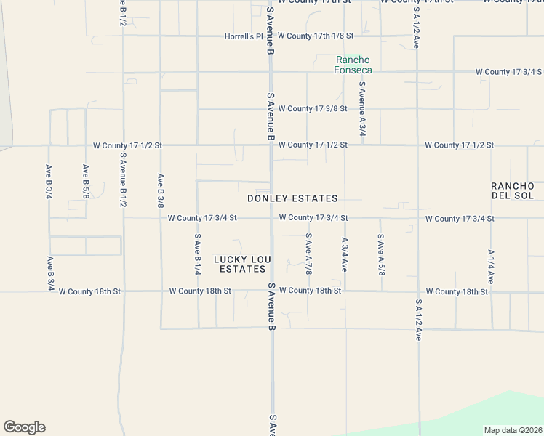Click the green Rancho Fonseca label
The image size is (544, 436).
pyautogui.click(x=353, y=65)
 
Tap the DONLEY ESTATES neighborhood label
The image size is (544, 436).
pyautogui.click(x=292, y=198)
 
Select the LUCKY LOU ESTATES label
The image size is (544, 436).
pyautogui.click(x=242, y=264)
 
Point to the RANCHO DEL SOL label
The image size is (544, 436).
pyautogui.click(x=512, y=190)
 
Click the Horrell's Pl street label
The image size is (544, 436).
pyautogui.click(x=243, y=36)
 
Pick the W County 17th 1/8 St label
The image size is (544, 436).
pyautogui.click(x=315, y=36)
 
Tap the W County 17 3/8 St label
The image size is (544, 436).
pyautogui.click(x=312, y=109)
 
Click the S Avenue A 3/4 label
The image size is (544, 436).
pyautogui.click(x=361, y=109)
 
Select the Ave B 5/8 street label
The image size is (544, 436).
pyautogui.click(x=86, y=182)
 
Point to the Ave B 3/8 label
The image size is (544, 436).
pyautogui.click(x=160, y=191)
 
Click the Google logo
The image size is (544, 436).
pyautogui.click(x=24, y=427)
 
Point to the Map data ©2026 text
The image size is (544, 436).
pyautogui.click(x=513, y=430)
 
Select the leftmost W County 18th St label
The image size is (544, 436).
pyautogui.click(x=89, y=291)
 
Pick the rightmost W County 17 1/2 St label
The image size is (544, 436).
pyautogui.click(x=460, y=145)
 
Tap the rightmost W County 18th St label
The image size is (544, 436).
pyautogui.click(x=457, y=292)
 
